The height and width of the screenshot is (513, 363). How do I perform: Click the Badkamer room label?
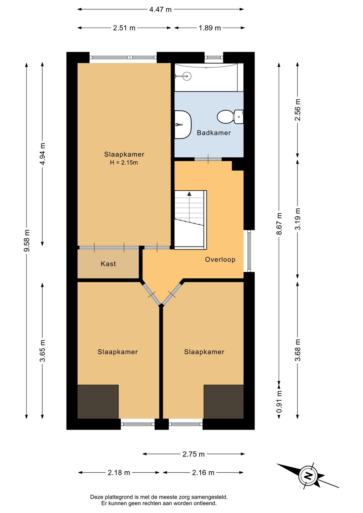214,133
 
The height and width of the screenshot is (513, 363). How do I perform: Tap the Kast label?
108,264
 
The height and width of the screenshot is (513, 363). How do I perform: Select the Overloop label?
220,260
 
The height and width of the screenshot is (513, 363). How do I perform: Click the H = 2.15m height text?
124,163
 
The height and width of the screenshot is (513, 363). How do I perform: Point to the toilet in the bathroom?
230,117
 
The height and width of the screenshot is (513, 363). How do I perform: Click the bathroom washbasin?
183,125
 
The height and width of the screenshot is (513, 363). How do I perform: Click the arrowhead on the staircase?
189,194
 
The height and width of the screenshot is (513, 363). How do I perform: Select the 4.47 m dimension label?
160,10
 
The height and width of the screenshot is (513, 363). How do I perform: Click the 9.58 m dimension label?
27,240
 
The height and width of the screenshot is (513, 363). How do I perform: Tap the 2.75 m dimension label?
194,454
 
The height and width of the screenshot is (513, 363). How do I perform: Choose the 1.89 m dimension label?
210,28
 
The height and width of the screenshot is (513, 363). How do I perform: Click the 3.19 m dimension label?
297,219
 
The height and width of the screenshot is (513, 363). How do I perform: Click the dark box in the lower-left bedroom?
98,402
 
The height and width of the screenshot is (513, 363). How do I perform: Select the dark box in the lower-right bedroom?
224,402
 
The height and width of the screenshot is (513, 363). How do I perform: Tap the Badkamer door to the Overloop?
208,159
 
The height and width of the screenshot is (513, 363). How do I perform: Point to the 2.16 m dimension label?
203,472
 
